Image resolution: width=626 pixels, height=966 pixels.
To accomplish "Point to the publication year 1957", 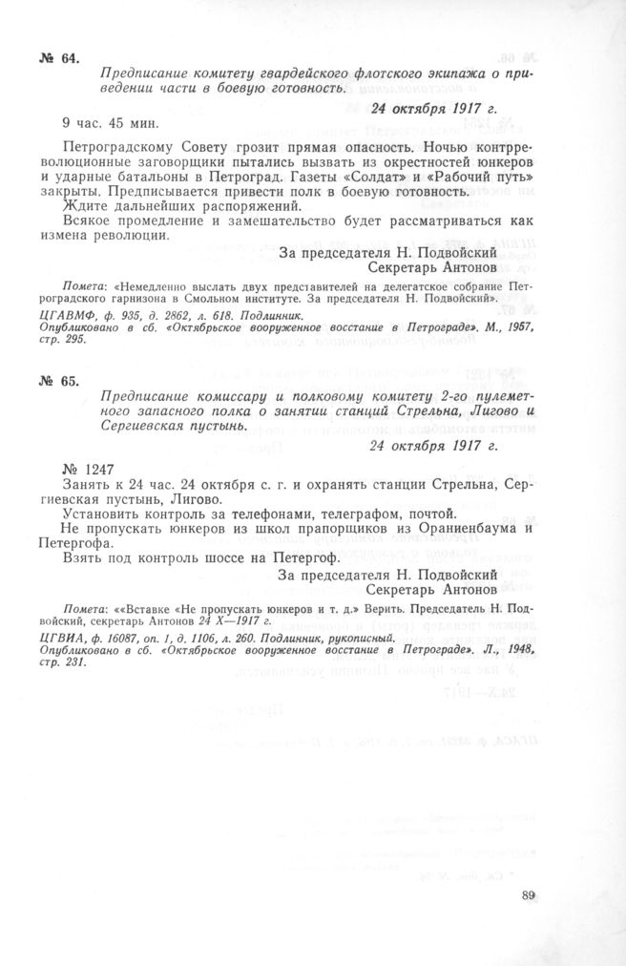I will (x=514, y=327).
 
